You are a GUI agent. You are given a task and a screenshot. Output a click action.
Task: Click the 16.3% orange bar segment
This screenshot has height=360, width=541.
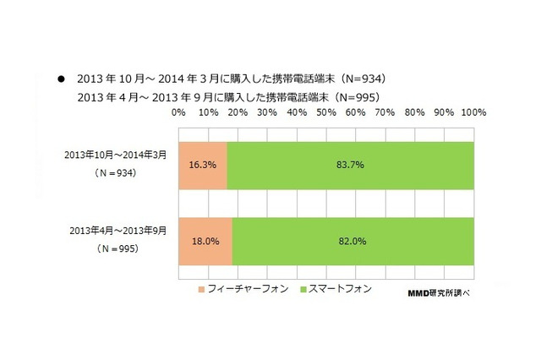203,165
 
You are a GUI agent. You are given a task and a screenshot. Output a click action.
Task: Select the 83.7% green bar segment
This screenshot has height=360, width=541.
350,165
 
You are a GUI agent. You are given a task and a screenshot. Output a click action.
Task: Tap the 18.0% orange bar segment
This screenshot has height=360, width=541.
205,240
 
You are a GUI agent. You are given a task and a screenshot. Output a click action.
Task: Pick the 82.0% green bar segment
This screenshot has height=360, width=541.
352,240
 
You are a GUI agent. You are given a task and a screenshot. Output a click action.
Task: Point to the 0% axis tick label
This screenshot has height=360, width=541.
178,111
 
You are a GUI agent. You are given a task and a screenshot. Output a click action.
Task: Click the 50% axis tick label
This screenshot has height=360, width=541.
326,111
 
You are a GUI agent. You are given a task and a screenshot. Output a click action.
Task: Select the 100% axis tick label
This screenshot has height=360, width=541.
473,111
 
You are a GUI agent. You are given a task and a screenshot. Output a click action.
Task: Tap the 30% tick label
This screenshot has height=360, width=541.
267,111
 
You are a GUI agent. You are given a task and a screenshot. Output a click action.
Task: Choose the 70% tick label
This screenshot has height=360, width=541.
385,111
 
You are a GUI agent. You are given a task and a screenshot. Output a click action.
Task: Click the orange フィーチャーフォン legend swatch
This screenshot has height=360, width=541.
201,289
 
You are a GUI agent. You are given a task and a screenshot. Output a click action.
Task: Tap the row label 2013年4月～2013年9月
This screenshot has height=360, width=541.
119,230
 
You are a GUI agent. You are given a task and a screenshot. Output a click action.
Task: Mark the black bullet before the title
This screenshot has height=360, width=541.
61,79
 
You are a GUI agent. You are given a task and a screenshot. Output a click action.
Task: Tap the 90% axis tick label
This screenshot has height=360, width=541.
444,111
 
